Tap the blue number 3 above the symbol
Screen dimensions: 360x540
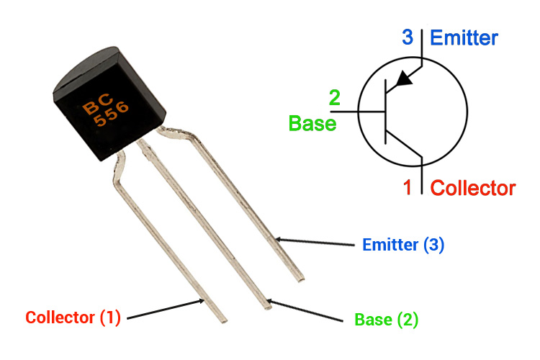(408, 36)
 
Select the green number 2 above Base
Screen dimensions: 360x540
(335, 98)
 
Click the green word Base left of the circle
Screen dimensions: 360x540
(312, 123)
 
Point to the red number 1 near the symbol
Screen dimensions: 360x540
(408, 189)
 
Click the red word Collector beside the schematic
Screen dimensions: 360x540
(472, 189)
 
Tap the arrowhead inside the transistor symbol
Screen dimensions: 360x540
(405, 78)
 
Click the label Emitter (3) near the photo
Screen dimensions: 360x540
(403, 245)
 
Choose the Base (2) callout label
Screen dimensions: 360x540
(386, 318)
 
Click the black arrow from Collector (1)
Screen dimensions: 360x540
(166, 309)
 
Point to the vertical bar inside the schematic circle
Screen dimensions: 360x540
(386, 112)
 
